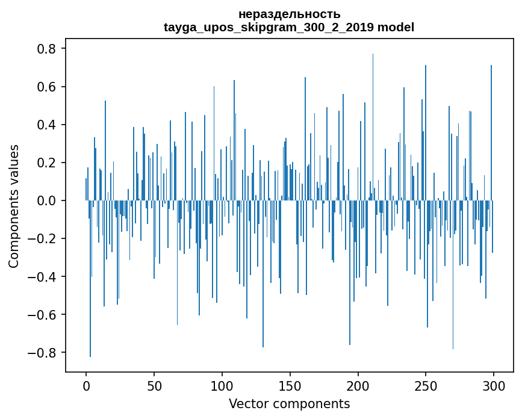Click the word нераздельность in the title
289,14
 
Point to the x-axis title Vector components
289,403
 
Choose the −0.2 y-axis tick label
43,238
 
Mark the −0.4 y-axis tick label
43,276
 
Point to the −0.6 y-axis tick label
43,314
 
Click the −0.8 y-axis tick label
43,352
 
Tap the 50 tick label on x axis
154,385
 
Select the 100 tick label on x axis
222,385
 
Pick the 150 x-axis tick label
290,385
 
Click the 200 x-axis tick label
358,385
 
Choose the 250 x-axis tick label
426,385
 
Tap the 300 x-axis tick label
494,385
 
